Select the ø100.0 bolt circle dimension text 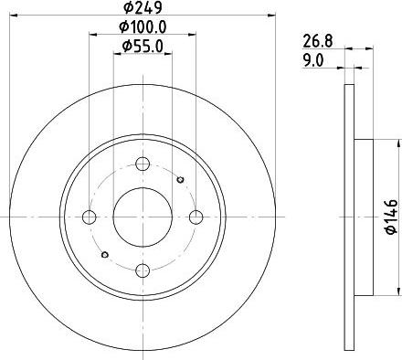click(142, 27)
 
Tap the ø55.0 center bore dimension click(142, 46)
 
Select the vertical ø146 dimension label click(390, 217)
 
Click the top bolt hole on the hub click(142, 164)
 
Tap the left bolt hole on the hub click(90, 217)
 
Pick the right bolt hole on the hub click(195, 217)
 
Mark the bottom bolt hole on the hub click(142, 270)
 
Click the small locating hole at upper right click(179, 179)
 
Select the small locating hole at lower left click(105, 255)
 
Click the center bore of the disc click(142, 217)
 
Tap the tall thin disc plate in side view click(348, 217)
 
